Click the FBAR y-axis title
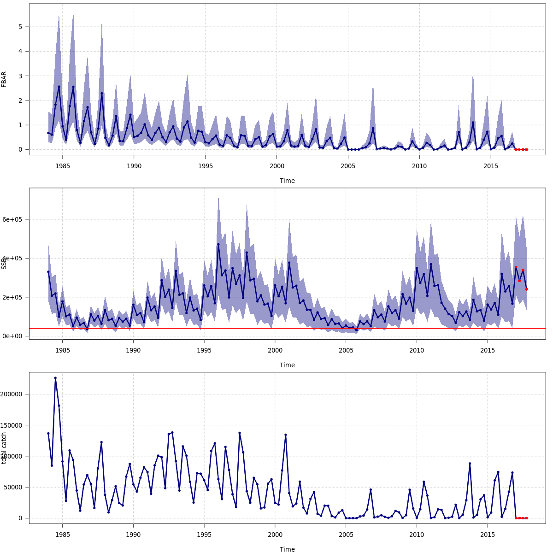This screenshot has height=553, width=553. (x=4, y=79)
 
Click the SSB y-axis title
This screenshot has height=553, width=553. (x=4, y=263)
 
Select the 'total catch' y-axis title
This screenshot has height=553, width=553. (x=4, y=448)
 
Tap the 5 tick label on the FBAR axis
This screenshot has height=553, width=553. (x=20, y=27)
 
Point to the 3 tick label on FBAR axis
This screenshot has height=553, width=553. (x=20, y=76)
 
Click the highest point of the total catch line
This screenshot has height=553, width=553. (x=55, y=378)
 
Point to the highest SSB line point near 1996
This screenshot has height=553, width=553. (x=218, y=244)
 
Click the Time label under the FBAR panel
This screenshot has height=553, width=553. (x=287, y=181)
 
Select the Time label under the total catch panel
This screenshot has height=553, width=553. (x=287, y=549)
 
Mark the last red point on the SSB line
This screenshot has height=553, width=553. (x=526, y=289)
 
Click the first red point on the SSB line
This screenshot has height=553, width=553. (x=516, y=267)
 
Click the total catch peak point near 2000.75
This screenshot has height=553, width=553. (x=286, y=435)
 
